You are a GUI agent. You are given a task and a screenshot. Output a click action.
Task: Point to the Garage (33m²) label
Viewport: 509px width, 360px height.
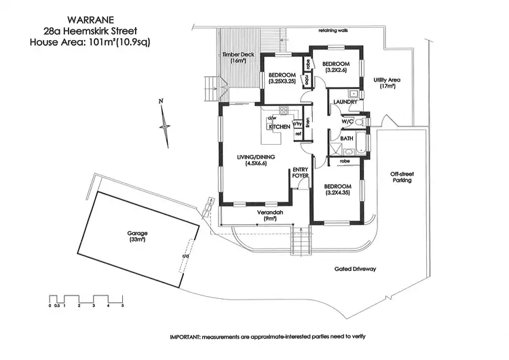(x=138, y=236)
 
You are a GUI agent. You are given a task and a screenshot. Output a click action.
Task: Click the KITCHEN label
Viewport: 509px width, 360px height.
(x=280, y=127)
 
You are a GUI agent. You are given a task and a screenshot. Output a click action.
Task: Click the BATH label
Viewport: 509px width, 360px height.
(x=347, y=139)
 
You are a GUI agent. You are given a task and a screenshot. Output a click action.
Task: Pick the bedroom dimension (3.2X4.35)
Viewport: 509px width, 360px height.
(x=337, y=193)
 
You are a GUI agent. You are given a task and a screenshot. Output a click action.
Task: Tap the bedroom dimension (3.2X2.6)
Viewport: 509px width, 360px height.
(x=336, y=70)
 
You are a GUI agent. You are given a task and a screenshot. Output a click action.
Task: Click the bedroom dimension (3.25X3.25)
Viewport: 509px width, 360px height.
(x=280, y=81)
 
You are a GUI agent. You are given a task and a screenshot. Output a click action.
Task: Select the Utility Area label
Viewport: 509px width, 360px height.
(x=387, y=83)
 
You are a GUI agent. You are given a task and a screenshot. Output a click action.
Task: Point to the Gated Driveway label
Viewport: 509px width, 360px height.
(x=355, y=269)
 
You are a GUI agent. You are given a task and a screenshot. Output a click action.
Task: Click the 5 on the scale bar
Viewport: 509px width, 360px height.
(x=123, y=306)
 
